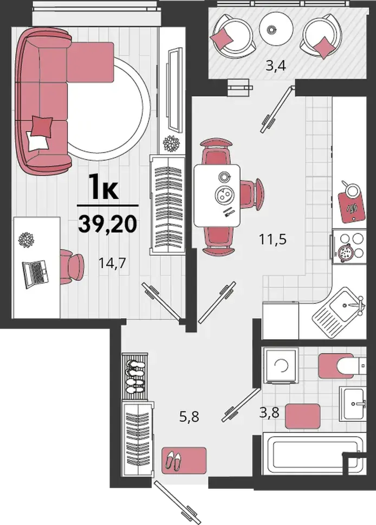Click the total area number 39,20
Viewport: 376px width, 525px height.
[108, 224]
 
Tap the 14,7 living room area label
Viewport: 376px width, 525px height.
[112, 263]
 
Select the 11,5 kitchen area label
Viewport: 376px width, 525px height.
[273, 239]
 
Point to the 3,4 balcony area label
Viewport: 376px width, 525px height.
[275, 65]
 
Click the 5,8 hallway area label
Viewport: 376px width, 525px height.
[190, 417]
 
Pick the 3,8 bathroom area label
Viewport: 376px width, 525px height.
[269, 412]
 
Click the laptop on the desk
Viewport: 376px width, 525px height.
[35, 273]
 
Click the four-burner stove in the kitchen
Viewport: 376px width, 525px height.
[349, 247]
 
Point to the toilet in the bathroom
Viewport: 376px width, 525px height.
[342, 366]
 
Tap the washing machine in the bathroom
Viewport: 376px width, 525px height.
[281, 366]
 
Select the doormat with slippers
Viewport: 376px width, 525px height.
[184, 461]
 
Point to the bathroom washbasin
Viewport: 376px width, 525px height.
[352, 404]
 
